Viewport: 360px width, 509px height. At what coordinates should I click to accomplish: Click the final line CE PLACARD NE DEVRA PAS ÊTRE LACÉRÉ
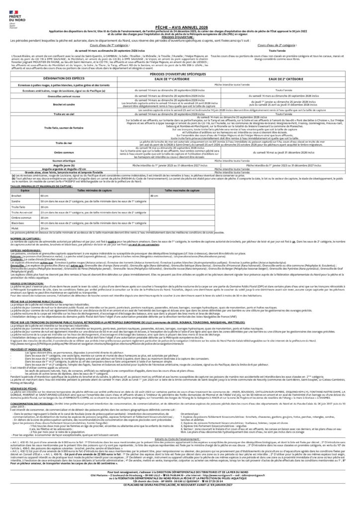[180, 502]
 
